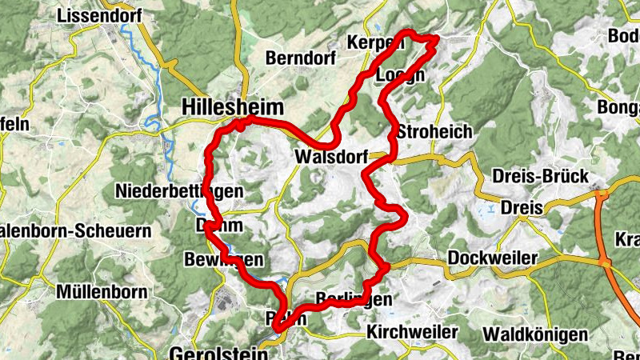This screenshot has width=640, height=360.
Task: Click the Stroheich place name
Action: pyautogui.click(x=434, y=131)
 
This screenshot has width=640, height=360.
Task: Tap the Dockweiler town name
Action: pyautogui.click(x=493, y=258)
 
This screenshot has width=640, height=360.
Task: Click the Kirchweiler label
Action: pyautogui.click(x=413, y=331)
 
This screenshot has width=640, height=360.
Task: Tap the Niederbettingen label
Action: pyautogui.click(x=178, y=191)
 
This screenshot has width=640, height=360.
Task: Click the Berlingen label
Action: pyautogui.click(x=354, y=299)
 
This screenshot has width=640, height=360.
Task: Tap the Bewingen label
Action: pyautogui.click(x=223, y=260)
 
